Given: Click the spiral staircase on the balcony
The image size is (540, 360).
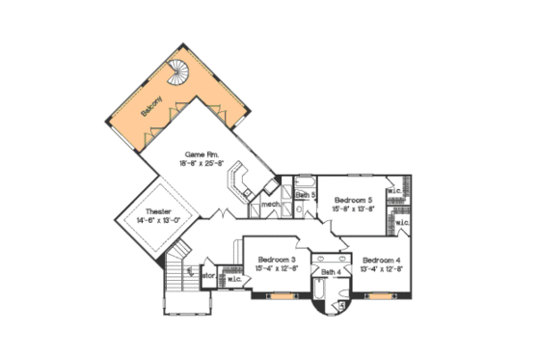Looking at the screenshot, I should coord(181,69).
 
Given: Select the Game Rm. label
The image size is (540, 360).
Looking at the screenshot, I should coord(202,153).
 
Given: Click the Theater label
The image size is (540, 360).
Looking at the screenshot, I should coord(159,212).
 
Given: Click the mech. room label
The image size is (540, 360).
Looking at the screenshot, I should coord(270,204).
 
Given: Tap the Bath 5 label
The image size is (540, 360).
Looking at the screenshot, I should coord(306,195).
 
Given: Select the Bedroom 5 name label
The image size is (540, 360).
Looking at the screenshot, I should coord(353,199).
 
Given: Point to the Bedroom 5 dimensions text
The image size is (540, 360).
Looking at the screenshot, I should coord(353,208).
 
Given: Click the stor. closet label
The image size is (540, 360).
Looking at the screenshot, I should coord(206,275).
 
